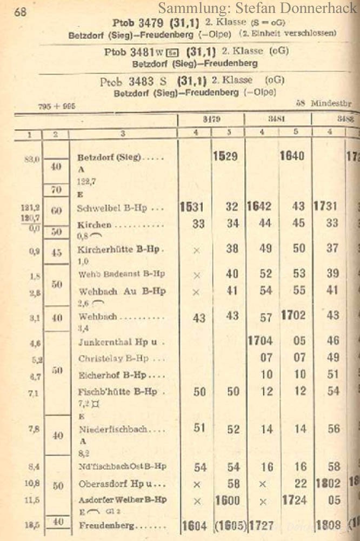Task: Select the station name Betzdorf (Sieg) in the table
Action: click(x=109, y=158)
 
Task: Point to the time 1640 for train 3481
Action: click(x=291, y=156)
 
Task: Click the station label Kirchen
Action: click(x=94, y=224)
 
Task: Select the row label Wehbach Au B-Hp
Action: click(x=122, y=291)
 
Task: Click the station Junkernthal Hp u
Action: click(x=118, y=341)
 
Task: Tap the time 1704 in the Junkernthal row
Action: click(x=260, y=341)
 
